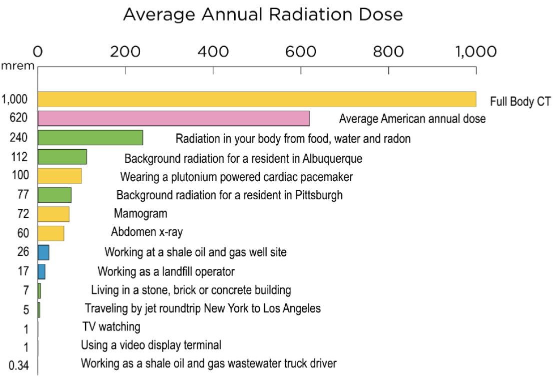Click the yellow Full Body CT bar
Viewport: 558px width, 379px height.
click(x=257, y=99)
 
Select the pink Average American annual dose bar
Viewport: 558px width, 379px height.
click(x=173, y=118)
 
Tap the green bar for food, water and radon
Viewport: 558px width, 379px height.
click(x=90, y=137)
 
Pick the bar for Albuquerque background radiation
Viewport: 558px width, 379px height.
click(x=62, y=157)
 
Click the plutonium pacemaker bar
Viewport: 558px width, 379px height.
click(x=60, y=176)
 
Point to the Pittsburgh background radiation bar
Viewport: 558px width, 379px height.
click(x=55, y=195)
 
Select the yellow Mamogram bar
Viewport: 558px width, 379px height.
click(x=54, y=214)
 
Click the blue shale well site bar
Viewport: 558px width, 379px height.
click(x=44, y=252)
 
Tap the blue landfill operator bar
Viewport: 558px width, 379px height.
click(x=42, y=271)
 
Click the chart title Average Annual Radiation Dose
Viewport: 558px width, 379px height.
click(x=263, y=15)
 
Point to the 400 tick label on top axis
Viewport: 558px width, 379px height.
click(x=213, y=52)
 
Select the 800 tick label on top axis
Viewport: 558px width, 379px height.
click(x=389, y=52)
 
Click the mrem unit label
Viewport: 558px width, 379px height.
click(x=17, y=65)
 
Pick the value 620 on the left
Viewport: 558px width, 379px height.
click(x=18, y=118)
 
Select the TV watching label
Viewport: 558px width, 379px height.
click(x=111, y=327)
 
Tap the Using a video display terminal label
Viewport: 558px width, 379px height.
click(x=151, y=345)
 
